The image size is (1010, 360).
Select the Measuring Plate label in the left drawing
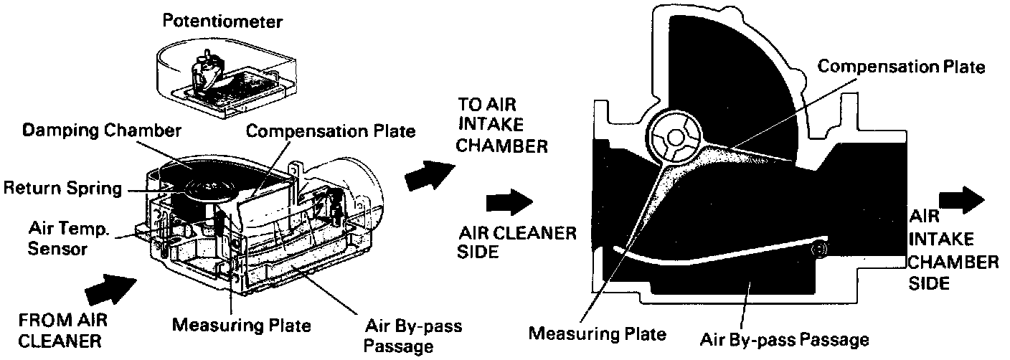pyautogui.click(x=242, y=325)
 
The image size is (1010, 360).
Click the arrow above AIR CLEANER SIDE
pyautogui.click(x=509, y=202)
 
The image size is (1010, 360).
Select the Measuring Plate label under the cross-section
pyautogui.click(x=597, y=333)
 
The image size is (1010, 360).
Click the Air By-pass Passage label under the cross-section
pyautogui.click(x=785, y=338)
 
